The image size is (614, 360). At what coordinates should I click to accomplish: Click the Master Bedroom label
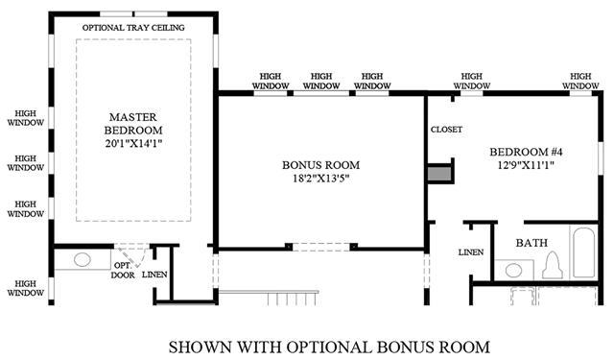tap(133, 124)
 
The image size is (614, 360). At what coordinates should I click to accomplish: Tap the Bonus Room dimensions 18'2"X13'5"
tap(320, 179)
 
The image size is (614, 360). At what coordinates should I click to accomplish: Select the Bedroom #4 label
tap(526, 152)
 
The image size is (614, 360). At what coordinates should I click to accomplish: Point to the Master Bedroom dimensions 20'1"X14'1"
tap(133, 143)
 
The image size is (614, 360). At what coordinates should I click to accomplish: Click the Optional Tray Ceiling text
tap(133, 28)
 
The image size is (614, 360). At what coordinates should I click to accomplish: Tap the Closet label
tap(446, 130)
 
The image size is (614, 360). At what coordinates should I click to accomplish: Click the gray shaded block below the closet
tap(439, 174)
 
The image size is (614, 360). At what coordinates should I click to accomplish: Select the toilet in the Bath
tap(553, 265)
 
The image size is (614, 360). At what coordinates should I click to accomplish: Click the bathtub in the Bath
tap(584, 252)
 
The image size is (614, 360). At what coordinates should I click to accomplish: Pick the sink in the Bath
tap(513, 270)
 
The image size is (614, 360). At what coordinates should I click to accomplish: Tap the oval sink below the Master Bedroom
tap(83, 260)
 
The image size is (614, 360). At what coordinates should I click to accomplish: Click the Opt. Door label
tap(123, 271)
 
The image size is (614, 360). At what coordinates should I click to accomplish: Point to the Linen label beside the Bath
tap(471, 252)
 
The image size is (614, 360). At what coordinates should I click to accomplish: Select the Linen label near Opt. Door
tap(154, 275)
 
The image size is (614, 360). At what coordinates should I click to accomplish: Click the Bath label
tap(531, 243)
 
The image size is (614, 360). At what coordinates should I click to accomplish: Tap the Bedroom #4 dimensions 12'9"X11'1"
tap(526, 165)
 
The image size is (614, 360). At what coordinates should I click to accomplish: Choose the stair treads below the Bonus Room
tap(292, 299)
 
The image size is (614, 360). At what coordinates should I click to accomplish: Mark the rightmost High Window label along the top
tap(580, 81)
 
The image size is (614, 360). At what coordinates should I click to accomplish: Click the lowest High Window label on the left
tap(26, 288)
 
